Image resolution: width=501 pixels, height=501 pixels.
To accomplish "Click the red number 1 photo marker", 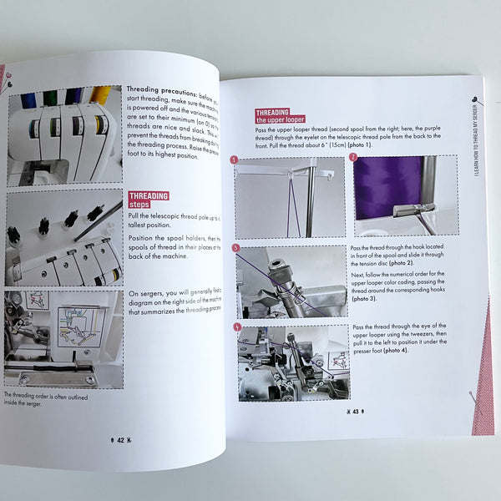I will tap(235, 159).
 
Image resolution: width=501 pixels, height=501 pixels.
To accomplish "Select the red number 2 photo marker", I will tap(353, 156).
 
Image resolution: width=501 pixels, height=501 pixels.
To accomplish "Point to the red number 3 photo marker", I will tap(236, 248).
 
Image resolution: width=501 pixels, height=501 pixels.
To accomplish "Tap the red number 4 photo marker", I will tap(237, 326).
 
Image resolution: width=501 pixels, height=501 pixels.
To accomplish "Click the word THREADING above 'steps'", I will tap(149, 197).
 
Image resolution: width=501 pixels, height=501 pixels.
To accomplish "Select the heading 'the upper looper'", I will tap(281, 120).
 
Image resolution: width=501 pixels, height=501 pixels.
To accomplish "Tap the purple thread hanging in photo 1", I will tap(293, 209).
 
